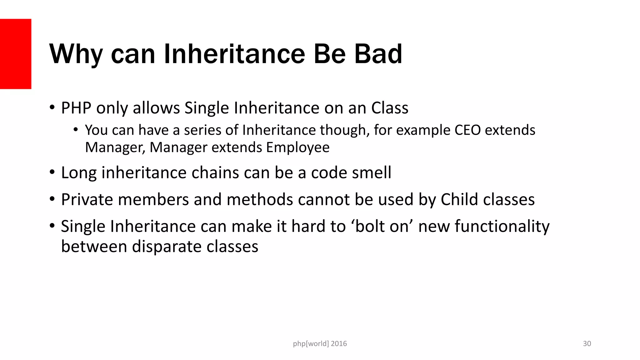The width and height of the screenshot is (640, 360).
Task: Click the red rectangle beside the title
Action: pos(16,54)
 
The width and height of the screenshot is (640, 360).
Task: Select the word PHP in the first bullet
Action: pos(76,108)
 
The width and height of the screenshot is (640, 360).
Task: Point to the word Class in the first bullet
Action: pos(390,108)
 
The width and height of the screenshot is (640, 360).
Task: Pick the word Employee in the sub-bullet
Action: pos(298,147)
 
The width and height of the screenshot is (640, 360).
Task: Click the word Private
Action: pos(87,199)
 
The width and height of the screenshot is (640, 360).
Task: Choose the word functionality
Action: pos(502,227)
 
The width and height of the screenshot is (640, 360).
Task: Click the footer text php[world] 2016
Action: pos(320,344)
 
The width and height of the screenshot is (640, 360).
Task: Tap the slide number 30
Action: pos(587,344)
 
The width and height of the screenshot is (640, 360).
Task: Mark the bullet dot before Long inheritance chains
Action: pos(52,172)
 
